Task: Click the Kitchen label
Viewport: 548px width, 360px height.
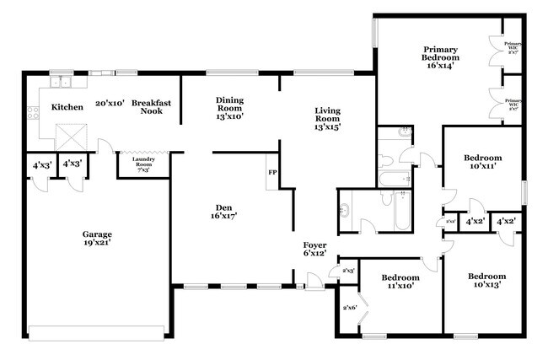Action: [67, 108]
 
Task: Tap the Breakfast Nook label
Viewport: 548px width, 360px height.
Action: [152, 107]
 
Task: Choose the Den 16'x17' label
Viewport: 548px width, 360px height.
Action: [223, 211]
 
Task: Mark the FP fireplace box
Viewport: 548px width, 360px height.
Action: [272, 172]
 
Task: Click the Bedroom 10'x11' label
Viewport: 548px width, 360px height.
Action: [483, 162]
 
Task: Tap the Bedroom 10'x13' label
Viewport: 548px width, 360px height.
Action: [486, 281]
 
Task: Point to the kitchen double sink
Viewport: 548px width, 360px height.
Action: [61, 82]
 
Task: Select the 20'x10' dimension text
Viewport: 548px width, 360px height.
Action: [110, 104]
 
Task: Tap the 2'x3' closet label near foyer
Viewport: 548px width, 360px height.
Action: [347, 271]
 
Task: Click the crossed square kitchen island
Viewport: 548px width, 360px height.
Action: [67, 135]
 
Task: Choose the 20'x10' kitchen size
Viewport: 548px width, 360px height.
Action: [110, 104]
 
